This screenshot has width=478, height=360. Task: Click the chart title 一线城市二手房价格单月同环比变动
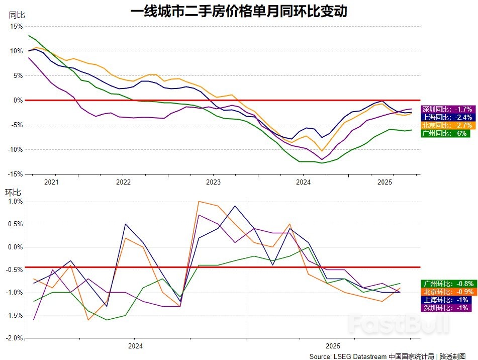(239, 11)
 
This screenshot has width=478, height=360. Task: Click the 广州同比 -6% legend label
(445, 133)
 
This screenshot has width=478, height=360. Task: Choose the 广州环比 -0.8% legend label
(445, 283)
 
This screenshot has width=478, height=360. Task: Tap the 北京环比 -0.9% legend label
(445, 291)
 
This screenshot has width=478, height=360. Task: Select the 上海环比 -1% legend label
(445, 300)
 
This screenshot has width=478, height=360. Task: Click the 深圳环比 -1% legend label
(445, 308)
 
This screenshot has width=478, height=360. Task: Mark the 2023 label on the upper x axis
(213, 182)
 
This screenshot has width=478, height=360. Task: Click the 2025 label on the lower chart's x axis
(332, 346)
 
